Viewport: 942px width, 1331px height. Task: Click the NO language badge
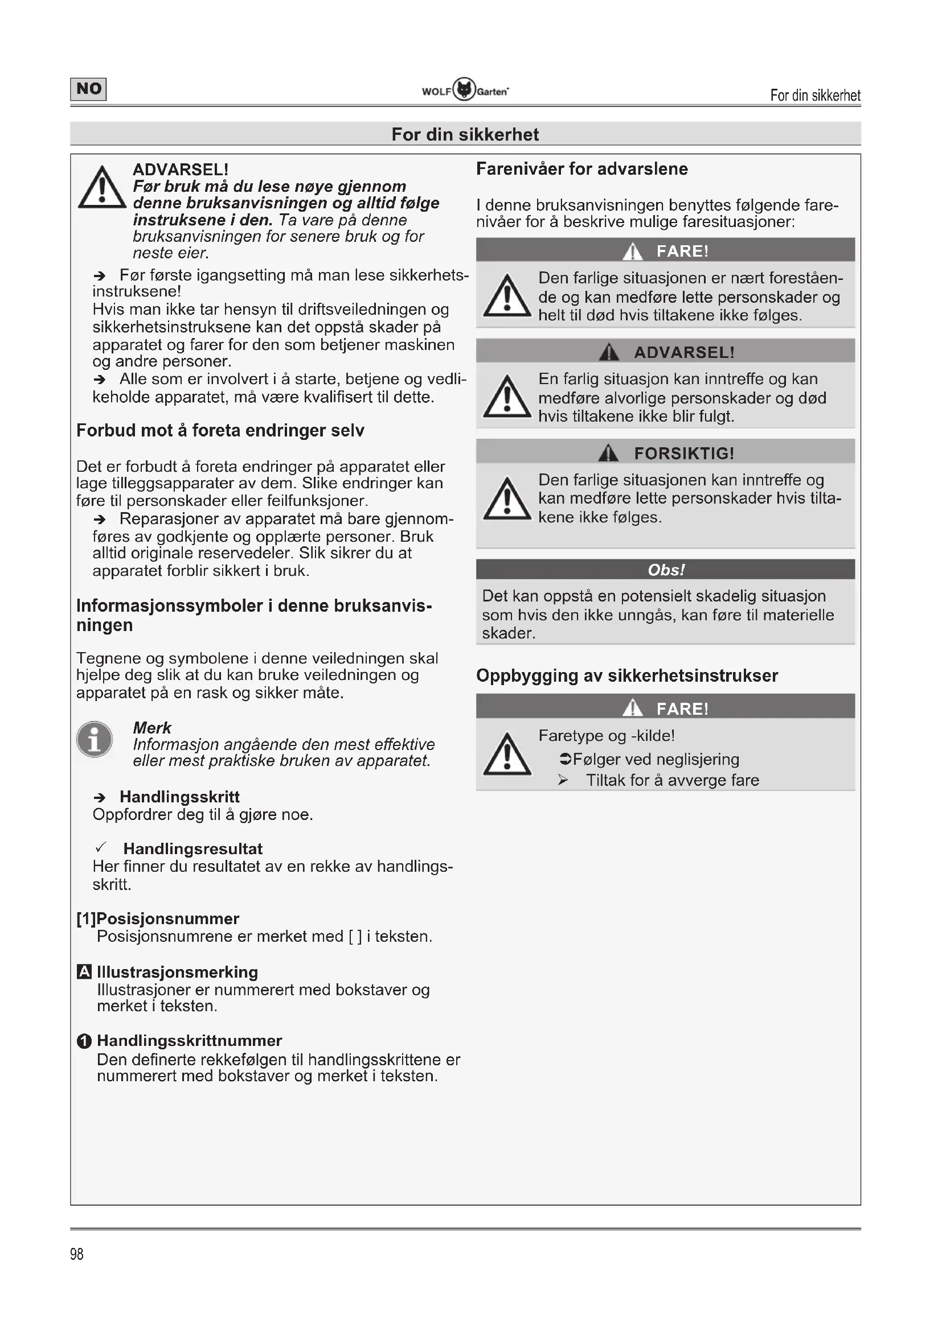(88, 89)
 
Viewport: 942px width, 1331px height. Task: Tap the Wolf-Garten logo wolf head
(464, 89)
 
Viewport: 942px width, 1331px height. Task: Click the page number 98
(76, 1254)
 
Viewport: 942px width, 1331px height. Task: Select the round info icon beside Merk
(95, 739)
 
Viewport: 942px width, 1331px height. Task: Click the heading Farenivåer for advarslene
(582, 168)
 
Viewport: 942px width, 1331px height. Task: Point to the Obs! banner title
(666, 570)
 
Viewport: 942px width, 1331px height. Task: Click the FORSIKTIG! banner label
(684, 454)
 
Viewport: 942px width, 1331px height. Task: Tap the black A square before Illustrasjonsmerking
(84, 971)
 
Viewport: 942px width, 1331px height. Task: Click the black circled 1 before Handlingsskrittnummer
(84, 1041)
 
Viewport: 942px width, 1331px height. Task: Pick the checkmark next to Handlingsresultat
(100, 847)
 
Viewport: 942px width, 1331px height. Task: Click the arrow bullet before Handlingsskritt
(100, 798)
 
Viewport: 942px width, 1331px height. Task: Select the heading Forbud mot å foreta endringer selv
(220, 430)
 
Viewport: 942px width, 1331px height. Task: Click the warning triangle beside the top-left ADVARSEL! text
(102, 188)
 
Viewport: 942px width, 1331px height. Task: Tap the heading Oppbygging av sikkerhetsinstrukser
(627, 675)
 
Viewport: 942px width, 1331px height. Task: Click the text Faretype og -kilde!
(606, 736)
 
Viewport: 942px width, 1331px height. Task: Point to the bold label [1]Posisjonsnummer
(158, 918)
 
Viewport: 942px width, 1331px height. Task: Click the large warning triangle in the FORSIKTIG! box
(507, 499)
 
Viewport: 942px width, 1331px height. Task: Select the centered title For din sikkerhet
(465, 134)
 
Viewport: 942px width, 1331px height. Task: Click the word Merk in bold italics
(152, 728)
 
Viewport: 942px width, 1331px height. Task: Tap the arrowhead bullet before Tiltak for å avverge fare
(563, 780)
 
